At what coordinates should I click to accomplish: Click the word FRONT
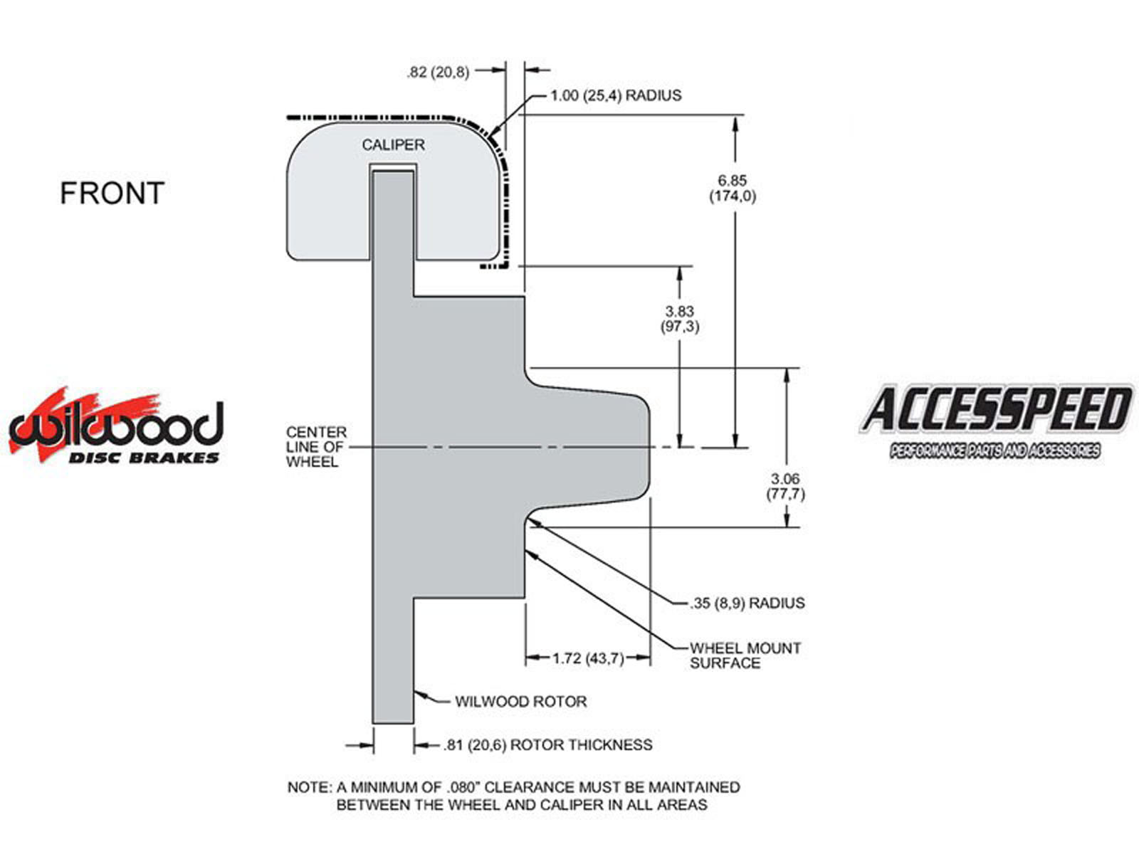112,194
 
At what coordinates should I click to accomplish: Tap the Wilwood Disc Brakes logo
116,426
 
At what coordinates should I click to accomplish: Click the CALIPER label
393,145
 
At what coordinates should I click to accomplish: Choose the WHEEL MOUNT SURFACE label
745,655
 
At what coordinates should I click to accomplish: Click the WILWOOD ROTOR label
521,702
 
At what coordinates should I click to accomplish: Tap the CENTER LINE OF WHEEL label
317,447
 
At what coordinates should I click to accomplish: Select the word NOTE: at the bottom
310,788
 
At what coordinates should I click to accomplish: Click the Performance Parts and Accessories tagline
995,450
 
